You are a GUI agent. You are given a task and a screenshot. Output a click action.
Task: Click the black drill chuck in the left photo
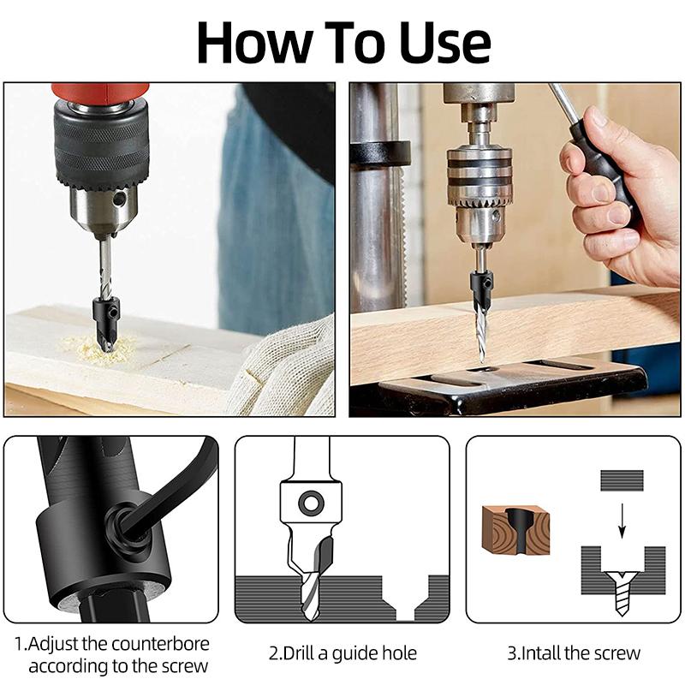tap(101, 146)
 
